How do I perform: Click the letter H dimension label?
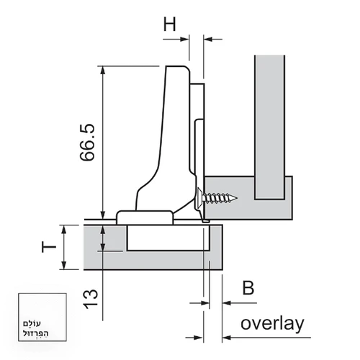(x=170, y=24)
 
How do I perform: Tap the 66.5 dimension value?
(x=87, y=143)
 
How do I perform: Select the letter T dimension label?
(x=49, y=247)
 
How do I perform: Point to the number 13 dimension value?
(x=91, y=299)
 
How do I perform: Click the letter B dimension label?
(x=248, y=287)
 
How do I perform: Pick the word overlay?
(x=272, y=324)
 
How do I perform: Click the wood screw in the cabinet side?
(x=217, y=198)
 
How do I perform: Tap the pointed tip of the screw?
(x=238, y=198)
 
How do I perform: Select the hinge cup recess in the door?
(x=168, y=238)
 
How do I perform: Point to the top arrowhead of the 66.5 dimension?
(x=103, y=70)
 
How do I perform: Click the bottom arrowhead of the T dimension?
(x=64, y=266)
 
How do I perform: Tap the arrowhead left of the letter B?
(x=227, y=303)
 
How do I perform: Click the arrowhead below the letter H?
(x=184, y=39)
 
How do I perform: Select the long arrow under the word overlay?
(x=266, y=338)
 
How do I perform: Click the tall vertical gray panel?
(x=270, y=127)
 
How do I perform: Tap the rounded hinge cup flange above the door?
(x=145, y=217)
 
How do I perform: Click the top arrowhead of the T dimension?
(x=64, y=230)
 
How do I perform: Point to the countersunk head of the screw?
(x=199, y=198)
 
